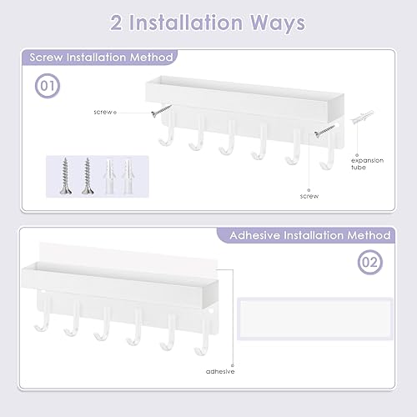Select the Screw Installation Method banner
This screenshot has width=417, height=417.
[100, 58]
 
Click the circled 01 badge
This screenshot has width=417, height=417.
[48, 87]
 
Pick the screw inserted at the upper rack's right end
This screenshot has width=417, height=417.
[322, 131]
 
